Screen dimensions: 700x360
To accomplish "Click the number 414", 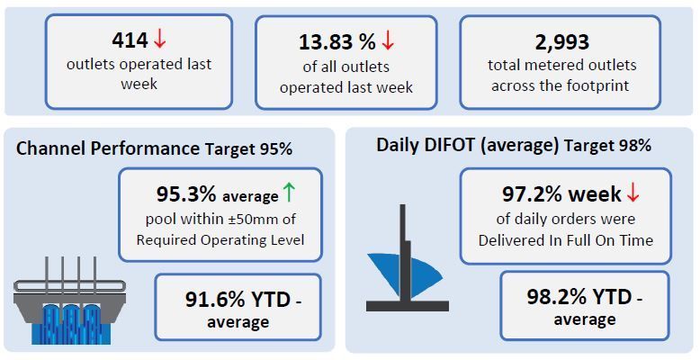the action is click(x=130, y=40).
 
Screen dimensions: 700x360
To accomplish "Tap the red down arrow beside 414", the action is click(x=160, y=40).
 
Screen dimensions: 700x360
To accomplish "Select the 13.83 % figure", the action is click(x=337, y=42).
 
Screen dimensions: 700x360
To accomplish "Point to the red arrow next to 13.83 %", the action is click(x=388, y=41).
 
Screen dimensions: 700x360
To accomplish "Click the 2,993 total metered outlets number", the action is click(x=562, y=42).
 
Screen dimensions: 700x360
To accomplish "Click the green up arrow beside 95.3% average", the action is click(x=290, y=193).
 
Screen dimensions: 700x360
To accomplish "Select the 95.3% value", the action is click(x=186, y=194).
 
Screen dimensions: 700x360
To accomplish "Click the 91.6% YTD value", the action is click(x=238, y=300).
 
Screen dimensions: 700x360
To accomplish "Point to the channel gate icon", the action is click(x=69, y=301).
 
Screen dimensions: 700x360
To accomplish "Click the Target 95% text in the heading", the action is click(x=248, y=148).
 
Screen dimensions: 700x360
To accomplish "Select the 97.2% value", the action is click(x=532, y=194).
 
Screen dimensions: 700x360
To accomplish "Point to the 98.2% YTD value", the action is click(x=579, y=297).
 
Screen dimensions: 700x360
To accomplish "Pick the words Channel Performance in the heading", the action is click(x=108, y=148).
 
